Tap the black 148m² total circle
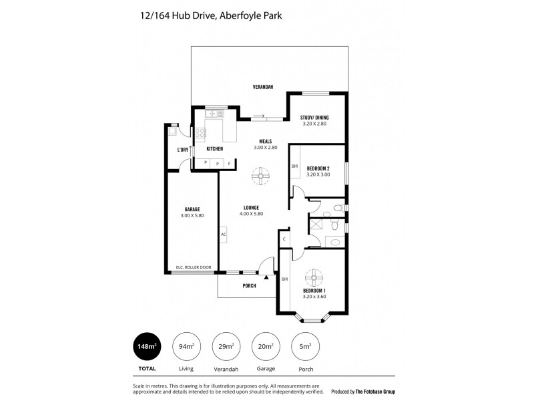(x=147, y=346)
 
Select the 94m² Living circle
(x=188, y=346)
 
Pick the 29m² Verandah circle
(x=226, y=346)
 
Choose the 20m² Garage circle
(x=265, y=346)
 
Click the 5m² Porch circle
(x=306, y=346)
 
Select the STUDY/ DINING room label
(x=315, y=118)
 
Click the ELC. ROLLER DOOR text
(x=193, y=267)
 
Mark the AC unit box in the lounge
(x=224, y=235)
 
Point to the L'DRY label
(x=182, y=150)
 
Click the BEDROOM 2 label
(x=318, y=168)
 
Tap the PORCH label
(x=249, y=286)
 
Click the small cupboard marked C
(x=284, y=239)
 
